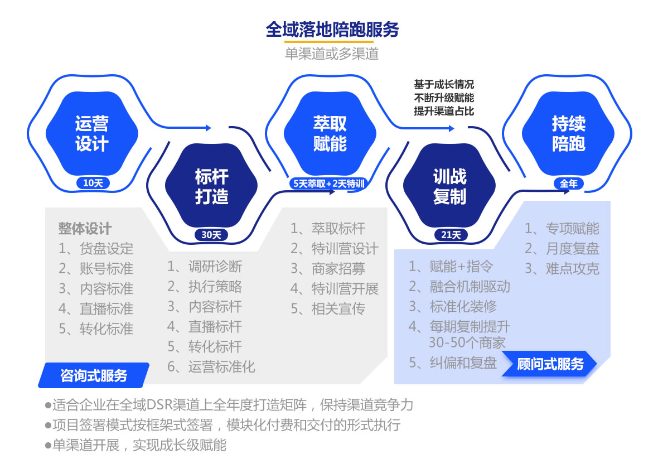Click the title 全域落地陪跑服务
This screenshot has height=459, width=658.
coord(332,30)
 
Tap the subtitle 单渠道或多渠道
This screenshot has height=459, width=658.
coord(332,54)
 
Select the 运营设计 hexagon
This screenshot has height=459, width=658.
coord(92,133)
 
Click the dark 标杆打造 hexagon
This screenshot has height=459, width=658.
coord(211,186)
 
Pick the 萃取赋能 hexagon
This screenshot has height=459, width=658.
coord(330,133)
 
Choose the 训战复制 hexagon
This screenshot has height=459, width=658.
coord(449,186)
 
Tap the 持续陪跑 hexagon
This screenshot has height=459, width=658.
coord(568,133)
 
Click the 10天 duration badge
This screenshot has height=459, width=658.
coord(93,183)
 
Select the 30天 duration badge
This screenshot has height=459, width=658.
coord(211,235)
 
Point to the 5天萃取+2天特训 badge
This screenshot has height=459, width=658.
coord(329,183)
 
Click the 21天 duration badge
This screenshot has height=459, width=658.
coord(451,235)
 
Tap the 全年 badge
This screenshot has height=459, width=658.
coord(569,183)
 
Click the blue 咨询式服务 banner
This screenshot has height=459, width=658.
coord(94,375)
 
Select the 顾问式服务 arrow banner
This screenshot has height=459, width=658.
coord(549,364)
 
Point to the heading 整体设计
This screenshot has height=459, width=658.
coord(85,229)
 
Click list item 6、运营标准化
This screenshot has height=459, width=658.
coord(211,366)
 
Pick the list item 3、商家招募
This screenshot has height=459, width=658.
coord(328,268)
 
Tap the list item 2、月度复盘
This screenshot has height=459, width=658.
coord(562,248)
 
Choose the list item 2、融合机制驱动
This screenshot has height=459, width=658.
coord(459,287)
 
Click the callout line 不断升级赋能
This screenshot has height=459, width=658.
coord(444,98)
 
